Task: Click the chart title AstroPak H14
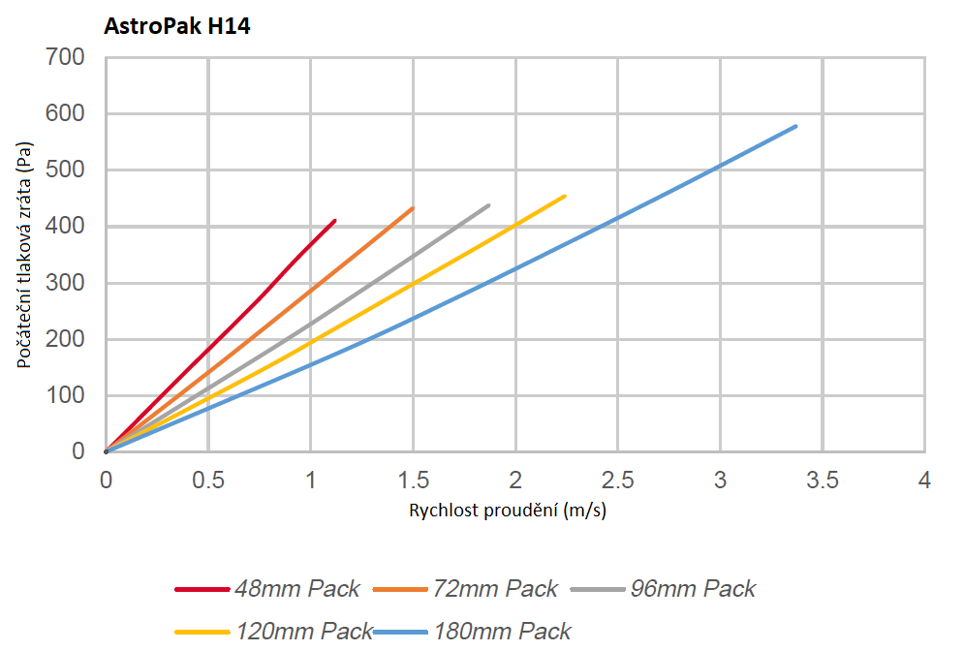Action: pyautogui.click(x=177, y=27)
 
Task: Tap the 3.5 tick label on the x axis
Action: pyautogui.click(x=822, y=480)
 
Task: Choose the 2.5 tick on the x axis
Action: pyautogui.click(x=617, y=480)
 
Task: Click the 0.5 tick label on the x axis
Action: pyautogui.click(x=208, y=480)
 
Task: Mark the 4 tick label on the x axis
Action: pyautogui.click(x=924, y=480)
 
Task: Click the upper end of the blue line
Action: pyautogui.click(x=795, y=126)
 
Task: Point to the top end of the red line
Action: pyautogui.click(x=334, y=221)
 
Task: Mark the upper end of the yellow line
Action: pyautogui.click(x=564, y=196)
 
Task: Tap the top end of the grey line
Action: pyautogui.click(x=488, y=205)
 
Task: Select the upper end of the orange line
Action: pyautogui.click(x=413, y=208)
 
